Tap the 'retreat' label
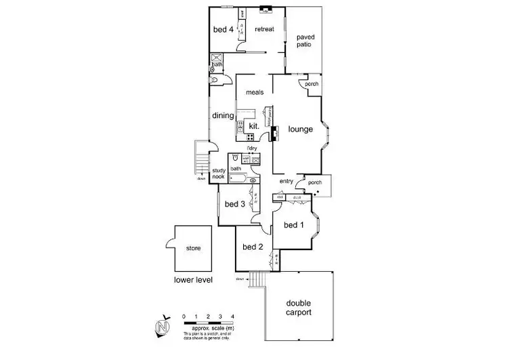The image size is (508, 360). (264, 30)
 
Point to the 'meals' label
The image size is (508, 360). (255, 93)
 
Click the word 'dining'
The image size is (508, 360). (222, 116)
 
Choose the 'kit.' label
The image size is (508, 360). (255, 127)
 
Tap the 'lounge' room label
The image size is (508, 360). (300, 129)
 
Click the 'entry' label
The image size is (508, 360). (286, 182)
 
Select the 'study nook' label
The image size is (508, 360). (219, 174)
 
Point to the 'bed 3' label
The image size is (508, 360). (234, 204)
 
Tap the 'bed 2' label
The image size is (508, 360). (252, 247)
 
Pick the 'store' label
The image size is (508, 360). (193, 248)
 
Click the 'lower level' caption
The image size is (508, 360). (193, 279)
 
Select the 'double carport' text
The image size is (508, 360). (299, 308)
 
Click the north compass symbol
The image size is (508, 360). (162, 326)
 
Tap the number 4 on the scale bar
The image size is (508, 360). (233, 317)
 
